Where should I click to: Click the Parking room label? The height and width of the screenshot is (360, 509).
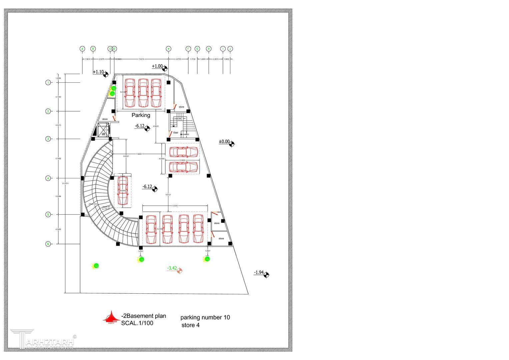point(141,115)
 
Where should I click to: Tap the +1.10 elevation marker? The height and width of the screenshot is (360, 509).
point(99,72)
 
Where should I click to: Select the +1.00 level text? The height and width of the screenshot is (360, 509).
point(157,66)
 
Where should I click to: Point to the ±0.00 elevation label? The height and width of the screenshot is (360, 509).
point(224,142)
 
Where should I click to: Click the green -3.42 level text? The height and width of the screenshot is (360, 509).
point(172,268)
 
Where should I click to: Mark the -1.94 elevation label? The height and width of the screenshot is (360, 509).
point(259,273)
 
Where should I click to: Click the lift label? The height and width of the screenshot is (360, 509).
point(103,134)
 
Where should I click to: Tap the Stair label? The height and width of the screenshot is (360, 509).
point(176,133)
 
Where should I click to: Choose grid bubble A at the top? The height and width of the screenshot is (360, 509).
point(82,49)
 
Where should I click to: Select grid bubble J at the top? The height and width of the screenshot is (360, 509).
point(230,49)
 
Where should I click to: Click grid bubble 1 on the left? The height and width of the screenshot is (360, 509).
point(48,82)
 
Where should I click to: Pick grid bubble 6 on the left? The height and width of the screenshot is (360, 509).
point(48,244)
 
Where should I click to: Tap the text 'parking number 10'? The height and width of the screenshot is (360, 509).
point(205,318)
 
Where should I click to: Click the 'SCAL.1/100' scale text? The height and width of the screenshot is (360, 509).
point(137,323)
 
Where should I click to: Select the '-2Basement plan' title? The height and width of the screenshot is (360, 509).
point(144,316)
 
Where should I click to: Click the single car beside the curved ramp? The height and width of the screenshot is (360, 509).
point(123,190)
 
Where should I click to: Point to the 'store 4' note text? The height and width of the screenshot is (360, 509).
point(190,325)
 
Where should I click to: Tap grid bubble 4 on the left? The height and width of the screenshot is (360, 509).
point(48,178)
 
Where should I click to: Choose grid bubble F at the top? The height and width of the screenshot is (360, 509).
point(188,49)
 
